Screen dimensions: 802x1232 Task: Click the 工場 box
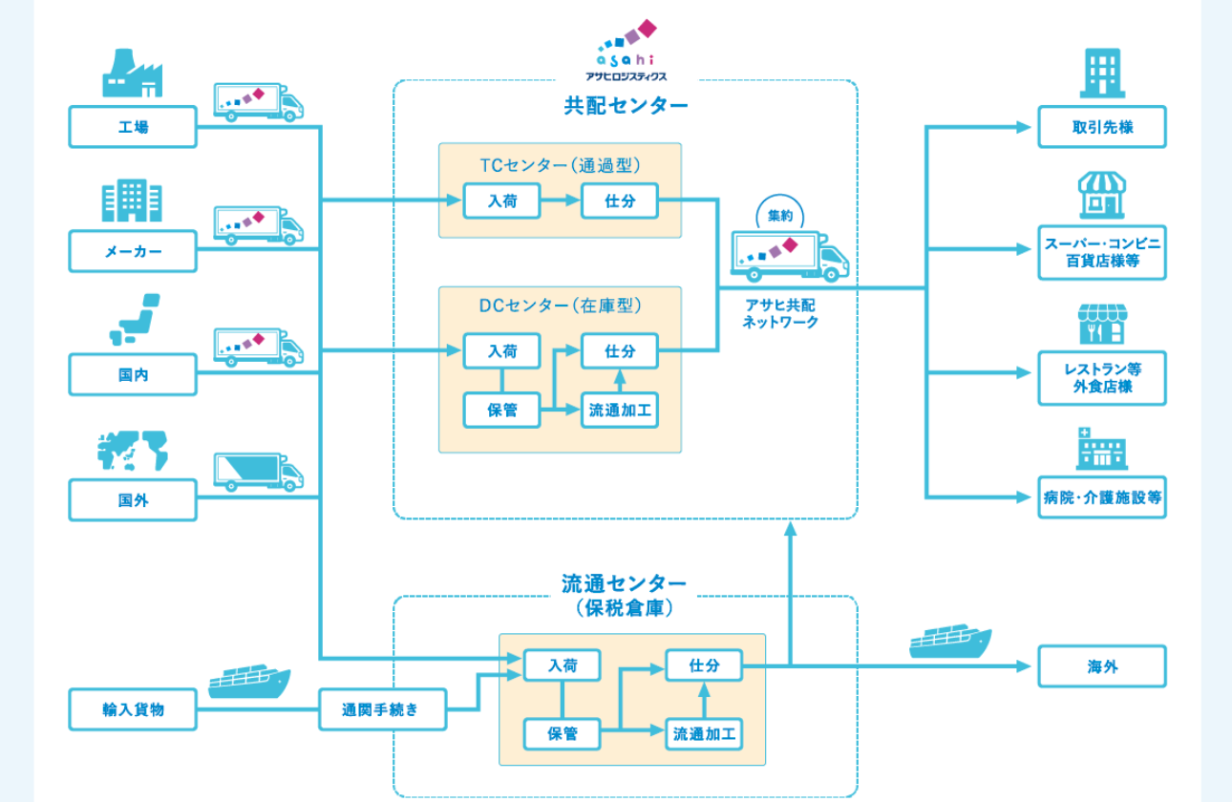133,127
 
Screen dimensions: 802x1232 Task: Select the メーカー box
133,251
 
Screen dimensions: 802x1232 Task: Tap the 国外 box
133,499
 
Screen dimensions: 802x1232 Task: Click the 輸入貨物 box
133,709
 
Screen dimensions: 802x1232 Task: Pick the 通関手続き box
380,709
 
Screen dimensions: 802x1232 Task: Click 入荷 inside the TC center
501,200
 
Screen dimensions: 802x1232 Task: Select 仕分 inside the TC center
620,200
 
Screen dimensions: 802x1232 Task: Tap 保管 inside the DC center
501,410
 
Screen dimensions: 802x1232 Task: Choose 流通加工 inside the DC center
620,410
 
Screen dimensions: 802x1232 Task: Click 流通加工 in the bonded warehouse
704,733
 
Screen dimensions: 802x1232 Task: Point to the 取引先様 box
1102,127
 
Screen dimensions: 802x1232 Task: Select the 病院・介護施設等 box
1102,497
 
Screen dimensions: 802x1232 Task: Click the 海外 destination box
1102,666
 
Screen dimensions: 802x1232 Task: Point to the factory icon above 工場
132,74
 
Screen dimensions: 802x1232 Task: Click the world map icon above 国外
132,451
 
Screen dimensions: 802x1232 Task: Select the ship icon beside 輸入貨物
248,679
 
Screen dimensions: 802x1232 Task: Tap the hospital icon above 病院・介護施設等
1101,449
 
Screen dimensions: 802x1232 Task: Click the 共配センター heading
626,105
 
